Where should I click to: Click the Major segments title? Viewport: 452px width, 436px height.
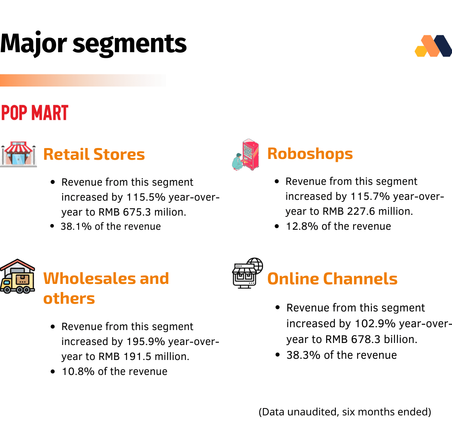93,44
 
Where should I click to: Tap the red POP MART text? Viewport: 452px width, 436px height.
34,113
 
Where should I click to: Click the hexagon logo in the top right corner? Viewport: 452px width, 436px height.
433,46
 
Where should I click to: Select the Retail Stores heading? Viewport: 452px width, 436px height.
94,154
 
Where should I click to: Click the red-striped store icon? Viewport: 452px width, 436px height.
19,154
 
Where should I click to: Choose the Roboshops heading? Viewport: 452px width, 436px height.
310,153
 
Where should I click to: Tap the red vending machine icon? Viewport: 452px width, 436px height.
246,155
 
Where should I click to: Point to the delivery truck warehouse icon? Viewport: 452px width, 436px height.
17,276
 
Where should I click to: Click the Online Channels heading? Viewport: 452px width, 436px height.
332,279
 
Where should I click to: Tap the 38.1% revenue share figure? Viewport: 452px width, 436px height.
76,226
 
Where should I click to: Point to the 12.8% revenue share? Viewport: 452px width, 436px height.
302,226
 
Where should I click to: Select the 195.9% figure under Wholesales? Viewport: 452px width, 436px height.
146,342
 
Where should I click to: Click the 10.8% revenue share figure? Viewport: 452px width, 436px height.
78,371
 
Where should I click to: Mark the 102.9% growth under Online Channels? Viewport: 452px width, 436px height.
375,324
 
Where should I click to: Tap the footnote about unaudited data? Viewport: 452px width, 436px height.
345,412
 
